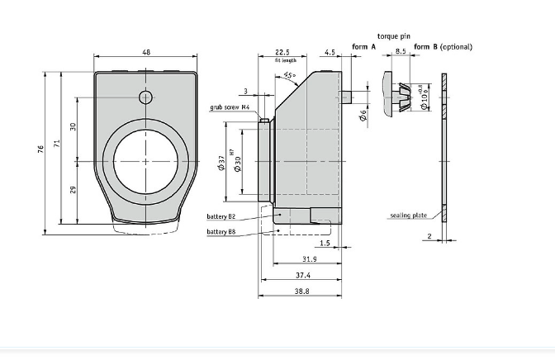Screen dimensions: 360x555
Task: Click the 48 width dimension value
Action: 146,52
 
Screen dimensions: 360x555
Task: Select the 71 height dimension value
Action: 57,144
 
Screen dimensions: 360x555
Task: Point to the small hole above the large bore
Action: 146,97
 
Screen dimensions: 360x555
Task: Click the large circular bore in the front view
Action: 146,160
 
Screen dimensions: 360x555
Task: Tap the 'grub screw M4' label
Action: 230,107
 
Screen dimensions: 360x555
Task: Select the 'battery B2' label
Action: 221,217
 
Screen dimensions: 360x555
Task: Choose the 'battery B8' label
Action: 221,232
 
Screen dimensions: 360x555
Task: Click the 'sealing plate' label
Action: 409,216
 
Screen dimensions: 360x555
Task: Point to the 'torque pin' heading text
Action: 393,36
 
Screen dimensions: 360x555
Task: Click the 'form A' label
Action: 363,47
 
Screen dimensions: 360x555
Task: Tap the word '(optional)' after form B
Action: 456,47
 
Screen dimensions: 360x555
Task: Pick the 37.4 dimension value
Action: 302,275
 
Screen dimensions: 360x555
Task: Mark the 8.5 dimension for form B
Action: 401,52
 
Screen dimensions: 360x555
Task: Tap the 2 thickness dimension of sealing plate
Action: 430,236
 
